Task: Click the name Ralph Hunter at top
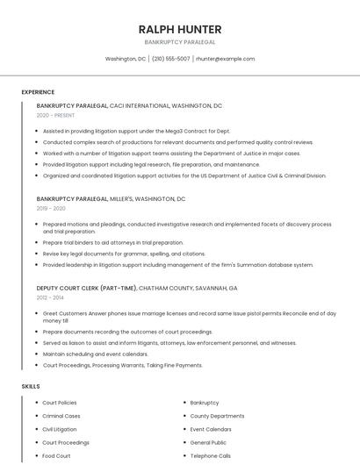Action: [x=180, y=29]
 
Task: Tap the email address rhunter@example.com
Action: [x=225, y=59]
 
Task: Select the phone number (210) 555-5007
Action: [x=170, y=59]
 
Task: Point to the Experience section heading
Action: [x=38, y=92]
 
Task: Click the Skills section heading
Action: [x=31, y=386]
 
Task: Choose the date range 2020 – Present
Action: [x=55, y=115]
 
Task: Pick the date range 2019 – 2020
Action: [x=51, y=209]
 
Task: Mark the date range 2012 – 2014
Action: [x=50, y=297]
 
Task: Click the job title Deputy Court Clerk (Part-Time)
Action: [x=86, y=288]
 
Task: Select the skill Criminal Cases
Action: [x=61, y=416]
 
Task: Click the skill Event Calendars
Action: [x=211, y=429]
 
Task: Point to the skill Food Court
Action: [x=56, y=456]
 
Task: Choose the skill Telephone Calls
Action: [x=210, y=456]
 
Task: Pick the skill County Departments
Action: [x=217, y=416]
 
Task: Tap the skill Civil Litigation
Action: [x=60, y=429]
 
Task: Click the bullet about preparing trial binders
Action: [x=113, y=243]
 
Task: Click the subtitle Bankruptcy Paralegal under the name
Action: [x=180, y=42]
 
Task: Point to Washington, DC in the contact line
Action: [x=126, y=59]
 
